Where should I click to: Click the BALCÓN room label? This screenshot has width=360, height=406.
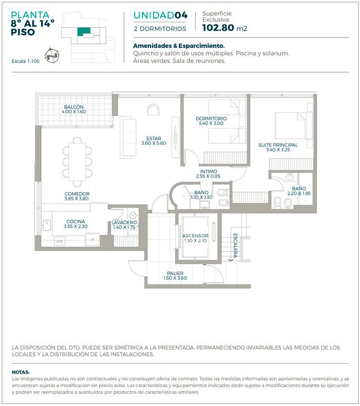tap(74, 107)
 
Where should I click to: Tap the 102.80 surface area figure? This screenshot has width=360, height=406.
tap(218, 28)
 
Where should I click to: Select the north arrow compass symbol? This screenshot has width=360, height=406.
tap(52, 55)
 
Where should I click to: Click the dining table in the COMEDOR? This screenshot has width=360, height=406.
tap(77, 161)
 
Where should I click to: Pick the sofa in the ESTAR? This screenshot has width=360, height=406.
tap(128, 137)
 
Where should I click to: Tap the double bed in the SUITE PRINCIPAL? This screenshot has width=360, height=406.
tap(291, 125)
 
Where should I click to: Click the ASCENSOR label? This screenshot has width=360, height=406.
tap(195, 236)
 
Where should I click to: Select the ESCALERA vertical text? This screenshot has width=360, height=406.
tap(235, 245)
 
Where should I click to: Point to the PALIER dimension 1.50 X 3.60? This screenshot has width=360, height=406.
tap(175, 278)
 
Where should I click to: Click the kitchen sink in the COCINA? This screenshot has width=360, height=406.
tap(47, 225)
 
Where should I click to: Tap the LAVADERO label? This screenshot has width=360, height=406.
tap(124, 222)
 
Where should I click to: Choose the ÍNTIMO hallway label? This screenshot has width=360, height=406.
tap(209, 171)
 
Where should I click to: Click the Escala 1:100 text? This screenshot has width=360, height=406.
tap(26, 61)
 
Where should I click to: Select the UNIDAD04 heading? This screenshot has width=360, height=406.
tap(160, 15)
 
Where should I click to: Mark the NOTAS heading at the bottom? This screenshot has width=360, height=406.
tap(21, 372)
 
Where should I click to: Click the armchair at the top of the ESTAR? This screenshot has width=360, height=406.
tap(153, 110)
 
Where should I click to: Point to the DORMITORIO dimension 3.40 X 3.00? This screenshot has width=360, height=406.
tap(211, 123)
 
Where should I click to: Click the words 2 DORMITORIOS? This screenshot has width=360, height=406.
tap(160, 29)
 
